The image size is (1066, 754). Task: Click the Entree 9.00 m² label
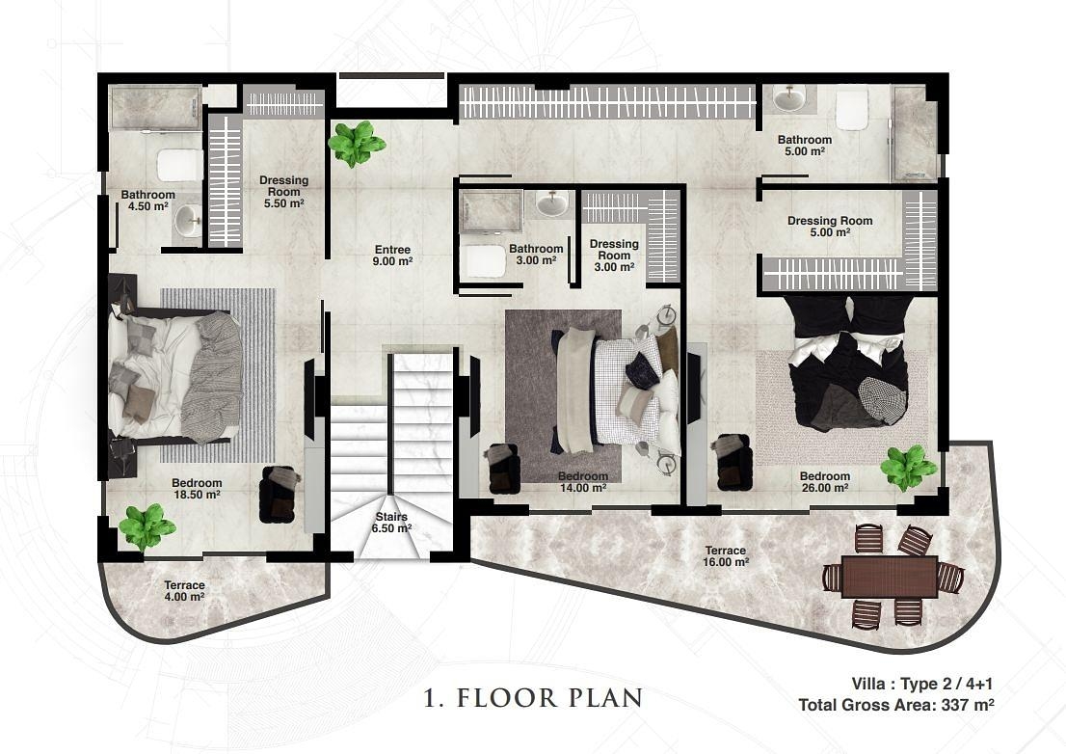pyautogui.click(x=392, y=255)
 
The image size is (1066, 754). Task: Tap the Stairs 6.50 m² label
pyautogui.click(x=391, y=523)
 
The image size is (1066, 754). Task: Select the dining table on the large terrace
pyautogui.click(x=890, y=577)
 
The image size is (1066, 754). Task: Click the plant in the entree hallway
pyautogui.click(x=356, y=144)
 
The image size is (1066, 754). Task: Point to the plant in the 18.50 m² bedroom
pyautogui.click(x=147, y=526)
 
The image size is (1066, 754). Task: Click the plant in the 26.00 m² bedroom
pyautogui.click(x=908, y=468)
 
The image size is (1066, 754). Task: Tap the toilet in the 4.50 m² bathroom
pyautogui.click(x=179, y=165)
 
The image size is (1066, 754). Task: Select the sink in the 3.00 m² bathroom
pyautogui.click(x=552, y=202)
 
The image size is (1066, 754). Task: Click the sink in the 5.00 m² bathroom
pyautogui.click(x=790, y=98)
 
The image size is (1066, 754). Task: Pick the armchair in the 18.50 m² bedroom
pyautogui.click(x=279, y=494)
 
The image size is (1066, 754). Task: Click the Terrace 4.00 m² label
pyautogui.click(x=184, y=591)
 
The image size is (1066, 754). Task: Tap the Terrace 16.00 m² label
pyautogui.click(x=726, y=556)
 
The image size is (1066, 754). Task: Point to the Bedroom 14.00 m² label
pyautogui.click(x=582, y=482)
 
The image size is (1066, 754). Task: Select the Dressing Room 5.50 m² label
pyautogui.click(x=283, y=192)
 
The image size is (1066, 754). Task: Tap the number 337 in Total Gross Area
pyautogui.click(x=955, y=705)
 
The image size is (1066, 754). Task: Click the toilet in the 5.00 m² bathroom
pyautogui.click(x=852, y=110)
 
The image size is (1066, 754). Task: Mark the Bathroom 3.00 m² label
pyautogui.click(x=536, y=255)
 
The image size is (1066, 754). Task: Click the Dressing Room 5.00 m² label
pyautogui.click(x=830, y=227)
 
